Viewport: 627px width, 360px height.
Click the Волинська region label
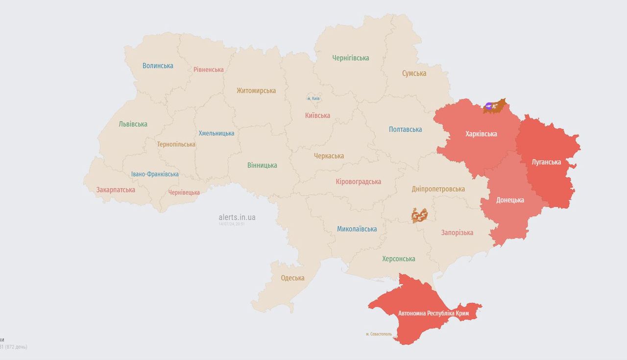point(158,66)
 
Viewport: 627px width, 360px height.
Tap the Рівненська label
point(208,70)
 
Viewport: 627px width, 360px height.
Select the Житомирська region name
point(256,91)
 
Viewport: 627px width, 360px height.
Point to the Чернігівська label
point(350,58)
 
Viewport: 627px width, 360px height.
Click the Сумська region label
point(414,73)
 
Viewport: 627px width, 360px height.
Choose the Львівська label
point(133,124)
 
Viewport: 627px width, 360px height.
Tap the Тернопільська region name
point(176,144)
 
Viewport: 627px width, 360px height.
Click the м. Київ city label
point(313,98)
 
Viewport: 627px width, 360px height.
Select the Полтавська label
point(405,130)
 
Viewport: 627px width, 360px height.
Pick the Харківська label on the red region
point(481,134)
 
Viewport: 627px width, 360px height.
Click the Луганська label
point(546,162)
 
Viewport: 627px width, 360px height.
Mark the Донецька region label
point(510,200)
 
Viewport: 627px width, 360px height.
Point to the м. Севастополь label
point(379,334)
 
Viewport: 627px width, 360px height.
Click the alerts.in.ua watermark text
point(237,217)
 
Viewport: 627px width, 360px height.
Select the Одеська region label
point(292,278)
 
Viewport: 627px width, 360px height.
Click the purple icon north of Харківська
point(489,105)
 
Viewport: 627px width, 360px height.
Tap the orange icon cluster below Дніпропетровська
point(419,215)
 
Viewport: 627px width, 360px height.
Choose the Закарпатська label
point(116,190)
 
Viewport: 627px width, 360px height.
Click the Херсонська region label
point(398,259)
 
